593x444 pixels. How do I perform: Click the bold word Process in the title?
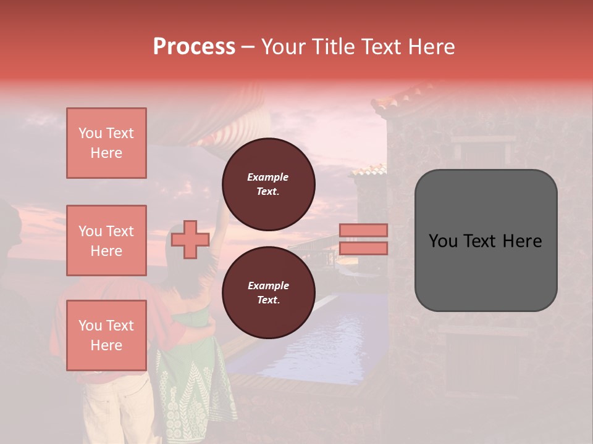click(194, 47)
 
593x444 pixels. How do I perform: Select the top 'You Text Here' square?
click(106, 143)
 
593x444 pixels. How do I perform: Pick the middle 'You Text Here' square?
click(106, 240)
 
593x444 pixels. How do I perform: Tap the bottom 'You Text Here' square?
click(106, 335)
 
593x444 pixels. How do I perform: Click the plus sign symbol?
click(190, 239)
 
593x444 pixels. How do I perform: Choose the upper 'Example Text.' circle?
click(268, 184)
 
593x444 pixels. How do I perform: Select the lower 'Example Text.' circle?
click(268, 292)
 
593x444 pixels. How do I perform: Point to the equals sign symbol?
click(363, 239)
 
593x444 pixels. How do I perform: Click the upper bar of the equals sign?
click(363, 230)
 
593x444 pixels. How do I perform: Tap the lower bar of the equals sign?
click(363, 249)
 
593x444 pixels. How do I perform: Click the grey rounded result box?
click(486, 240)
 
